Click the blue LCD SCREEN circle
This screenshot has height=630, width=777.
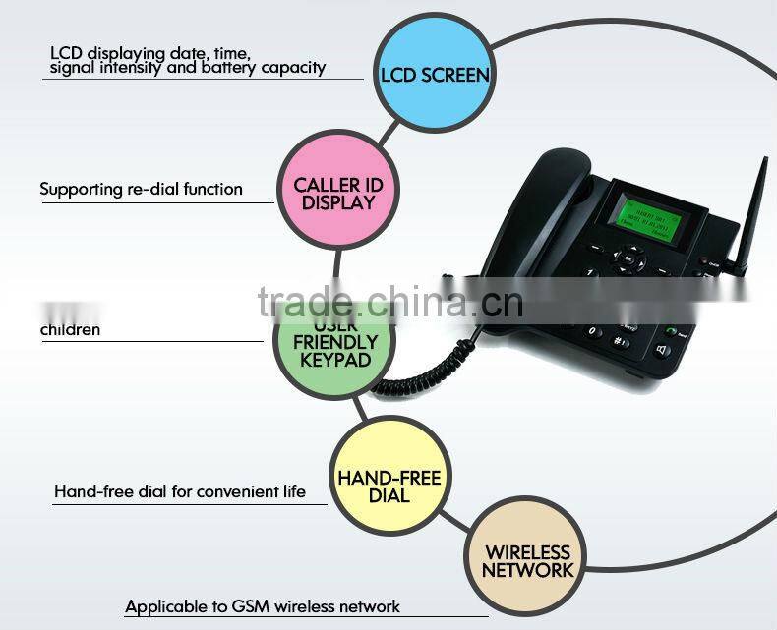pyautogui.click(x=434, y=75)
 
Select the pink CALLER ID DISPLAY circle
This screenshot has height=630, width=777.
pyautogui.click(x=338, y=194)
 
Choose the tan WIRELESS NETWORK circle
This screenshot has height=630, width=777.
pyautogui.click(x=527, y=559)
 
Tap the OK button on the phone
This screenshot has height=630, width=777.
pyautogui.click(x=628, y=258)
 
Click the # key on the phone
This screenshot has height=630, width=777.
pyautogui.click(x=621, y=341)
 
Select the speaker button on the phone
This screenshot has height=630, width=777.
pyautogui.click(x=662, y=350)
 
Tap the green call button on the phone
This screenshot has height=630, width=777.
pyautogui.click(x=671, y=331)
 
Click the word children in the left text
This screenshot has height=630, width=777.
pyautogui.click(x=70, y=329)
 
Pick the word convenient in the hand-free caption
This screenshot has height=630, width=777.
pyautogui.click(x=233, y=491)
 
